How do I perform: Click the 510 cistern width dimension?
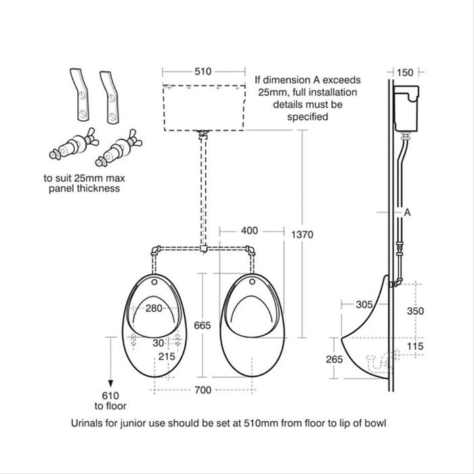203,70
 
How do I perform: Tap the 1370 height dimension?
303,234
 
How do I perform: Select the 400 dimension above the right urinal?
249,231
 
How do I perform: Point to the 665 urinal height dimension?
202,325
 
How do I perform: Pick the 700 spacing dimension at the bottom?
202,389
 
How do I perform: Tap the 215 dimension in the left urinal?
166,356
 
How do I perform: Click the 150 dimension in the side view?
405,71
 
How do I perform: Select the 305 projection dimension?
366,305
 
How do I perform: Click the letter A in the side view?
408,212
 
